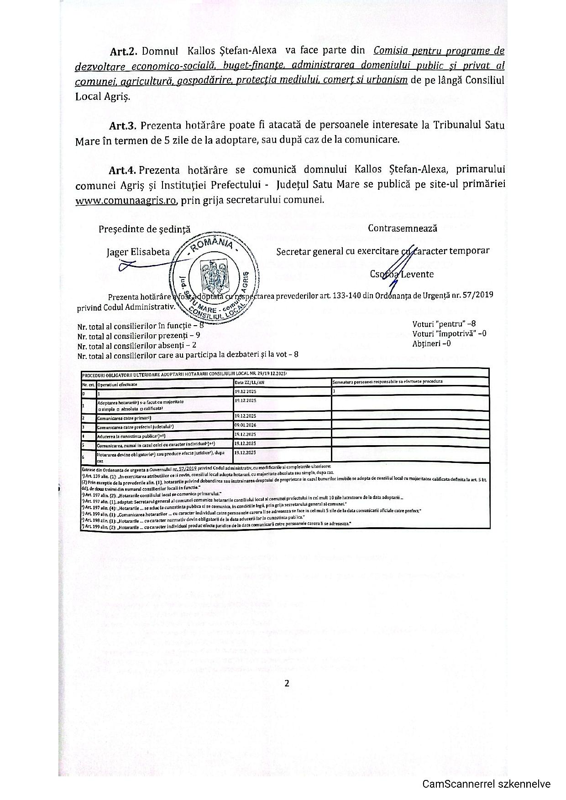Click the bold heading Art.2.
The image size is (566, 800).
(123, 51)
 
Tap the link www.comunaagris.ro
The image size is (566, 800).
(126, 200)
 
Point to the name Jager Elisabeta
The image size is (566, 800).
(138, 252)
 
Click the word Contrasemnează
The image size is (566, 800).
(402, 228)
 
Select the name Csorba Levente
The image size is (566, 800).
(402, 274)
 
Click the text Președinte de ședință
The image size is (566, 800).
(144, 229)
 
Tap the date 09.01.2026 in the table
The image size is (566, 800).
(245, 426)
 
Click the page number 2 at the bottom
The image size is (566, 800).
(287, 683)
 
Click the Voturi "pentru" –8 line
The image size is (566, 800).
(444, 324)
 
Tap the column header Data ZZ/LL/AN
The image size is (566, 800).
(249, 383)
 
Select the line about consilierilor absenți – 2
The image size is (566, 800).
(136, 346)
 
